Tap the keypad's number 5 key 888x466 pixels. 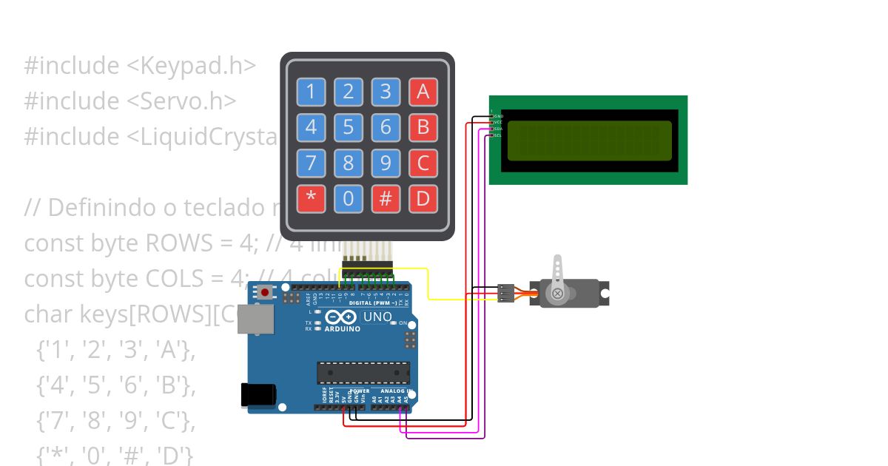(x=348, y=127)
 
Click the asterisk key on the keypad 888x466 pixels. (x=311, y=198)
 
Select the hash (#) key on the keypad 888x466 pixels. (x=386, y=198)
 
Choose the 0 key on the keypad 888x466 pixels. (x=348, y=198)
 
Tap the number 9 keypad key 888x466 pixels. (x=386, y=163)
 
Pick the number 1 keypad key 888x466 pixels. (x=311, y=92)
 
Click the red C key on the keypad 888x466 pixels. (x=423, y=163)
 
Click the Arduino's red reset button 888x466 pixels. (x=264, y=293)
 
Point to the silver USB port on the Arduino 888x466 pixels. (x=260, y=320)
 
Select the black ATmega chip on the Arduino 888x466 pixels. (x=363, y=374)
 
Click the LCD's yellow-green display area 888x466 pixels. (x=589, y=141)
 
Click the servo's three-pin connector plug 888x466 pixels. (x=506, y=293)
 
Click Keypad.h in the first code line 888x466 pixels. (x=196, y=66)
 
